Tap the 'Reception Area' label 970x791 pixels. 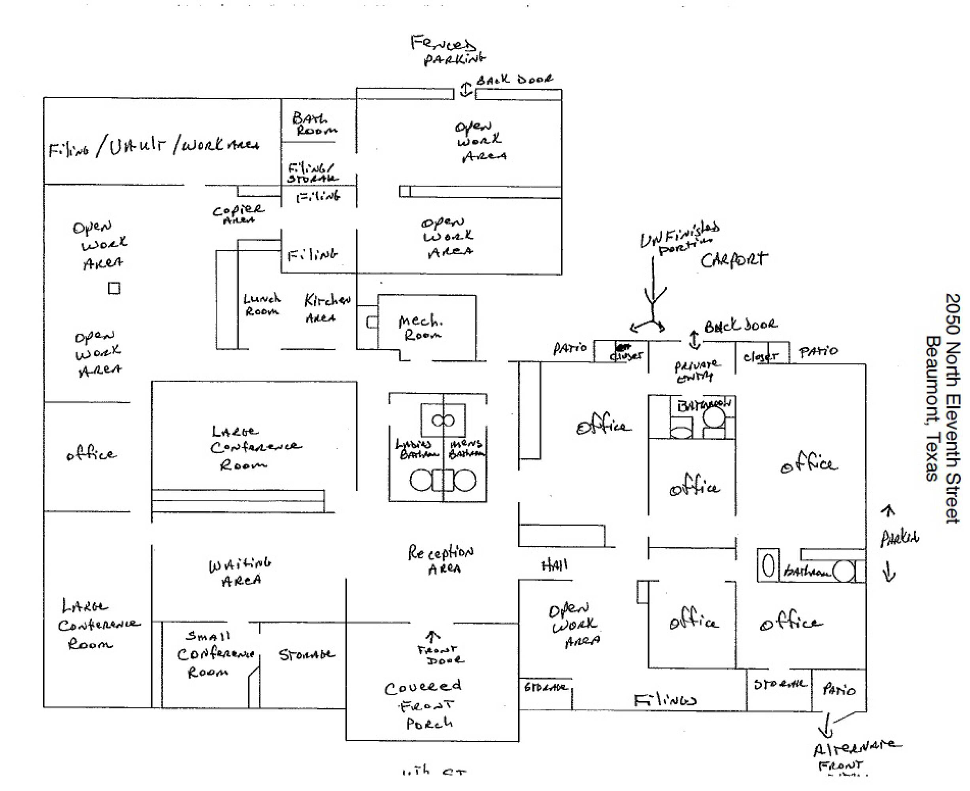point(440,560)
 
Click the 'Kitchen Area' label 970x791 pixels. point(327,308)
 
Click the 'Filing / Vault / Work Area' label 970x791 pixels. point(154,147)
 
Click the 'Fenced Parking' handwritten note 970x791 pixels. point(448,50)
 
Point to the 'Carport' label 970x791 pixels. point(734,260)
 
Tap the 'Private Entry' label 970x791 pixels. point(697,371)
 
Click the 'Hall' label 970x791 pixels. point(554,566)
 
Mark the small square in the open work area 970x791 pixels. point(114,288)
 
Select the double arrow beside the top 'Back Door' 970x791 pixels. point(465,89)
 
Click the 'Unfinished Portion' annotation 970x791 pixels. point(679,238)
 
